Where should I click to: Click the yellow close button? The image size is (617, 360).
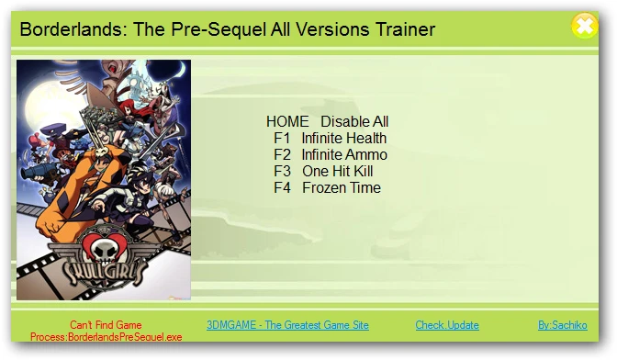coord(584,26)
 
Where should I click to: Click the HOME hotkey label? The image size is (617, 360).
coord(287,121)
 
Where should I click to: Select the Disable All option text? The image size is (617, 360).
coord(354,121)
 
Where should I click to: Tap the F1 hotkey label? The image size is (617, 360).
coord(282,138)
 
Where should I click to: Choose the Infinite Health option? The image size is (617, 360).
coord(344,138)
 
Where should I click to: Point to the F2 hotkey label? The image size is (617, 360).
coord(282,154)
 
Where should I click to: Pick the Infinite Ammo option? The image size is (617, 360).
coord(344,154)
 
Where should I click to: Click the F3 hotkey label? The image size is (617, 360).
coord(282,171)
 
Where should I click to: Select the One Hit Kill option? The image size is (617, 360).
coord(337,171)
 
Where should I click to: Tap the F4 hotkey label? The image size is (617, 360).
coord(282,187)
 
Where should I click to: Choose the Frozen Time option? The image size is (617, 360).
coord(341,187)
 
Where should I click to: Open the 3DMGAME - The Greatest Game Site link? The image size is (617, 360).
coord(287,325)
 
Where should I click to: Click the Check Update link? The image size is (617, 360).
coord(447,325)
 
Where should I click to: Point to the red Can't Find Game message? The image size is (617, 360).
coord(106,325)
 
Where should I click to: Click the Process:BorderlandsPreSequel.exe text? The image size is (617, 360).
coord(106,337)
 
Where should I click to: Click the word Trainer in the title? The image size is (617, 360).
coord(402,29)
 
